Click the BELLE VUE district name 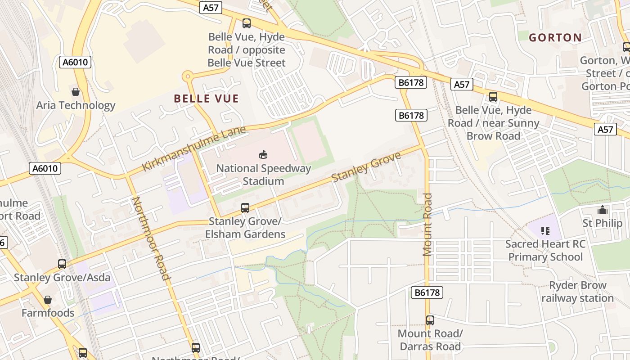click(206, 99)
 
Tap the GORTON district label click(555, 37)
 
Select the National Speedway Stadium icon click(263, 155)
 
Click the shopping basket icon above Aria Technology click(76, 92)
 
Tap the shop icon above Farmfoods click(48, 300)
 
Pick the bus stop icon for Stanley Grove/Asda click(62, 264)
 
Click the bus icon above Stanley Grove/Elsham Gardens click(245, 208)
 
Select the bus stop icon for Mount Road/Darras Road click(430, 320)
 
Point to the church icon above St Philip click(602, 210)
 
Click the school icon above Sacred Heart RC click(545, 231)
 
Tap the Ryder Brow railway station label click(577, 292)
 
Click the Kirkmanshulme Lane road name click(194, 149)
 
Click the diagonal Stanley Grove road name click(366, 167)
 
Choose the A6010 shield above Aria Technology click(75, 62)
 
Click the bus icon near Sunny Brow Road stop click(493, 97)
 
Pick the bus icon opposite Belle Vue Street click(246, 23)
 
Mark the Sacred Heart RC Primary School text click(545, 251)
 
